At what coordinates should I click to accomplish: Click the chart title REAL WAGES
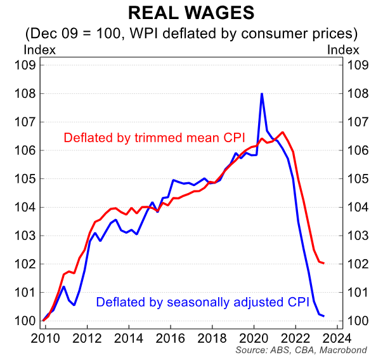191,13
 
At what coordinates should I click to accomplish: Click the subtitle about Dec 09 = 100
191,32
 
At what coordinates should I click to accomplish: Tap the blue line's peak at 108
262,94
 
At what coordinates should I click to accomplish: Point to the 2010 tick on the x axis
45,337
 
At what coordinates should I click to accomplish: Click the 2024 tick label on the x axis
338,337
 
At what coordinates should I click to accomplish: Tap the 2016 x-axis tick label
171,337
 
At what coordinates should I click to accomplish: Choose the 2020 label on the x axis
254,337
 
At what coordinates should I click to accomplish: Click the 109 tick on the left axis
26,65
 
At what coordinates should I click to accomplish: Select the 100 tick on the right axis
356,321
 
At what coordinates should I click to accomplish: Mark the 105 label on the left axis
26,178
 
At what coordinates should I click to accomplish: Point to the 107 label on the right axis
356,122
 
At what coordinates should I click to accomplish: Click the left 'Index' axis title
39,49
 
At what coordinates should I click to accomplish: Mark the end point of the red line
324,263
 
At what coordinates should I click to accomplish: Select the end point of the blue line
324,316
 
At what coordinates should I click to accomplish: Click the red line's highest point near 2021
283,132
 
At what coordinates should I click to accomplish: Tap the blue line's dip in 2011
74,305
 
